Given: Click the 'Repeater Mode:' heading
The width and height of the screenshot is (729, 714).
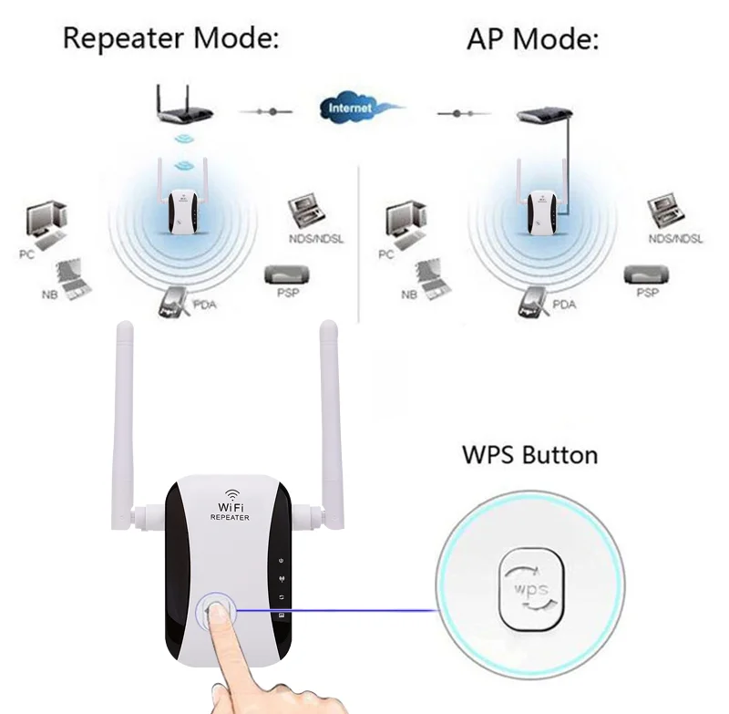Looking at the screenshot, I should pos(170,39).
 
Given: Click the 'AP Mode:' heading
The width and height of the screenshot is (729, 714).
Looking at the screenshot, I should pos(533,39).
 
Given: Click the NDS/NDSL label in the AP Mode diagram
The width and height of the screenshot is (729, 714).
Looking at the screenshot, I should pos(675,239).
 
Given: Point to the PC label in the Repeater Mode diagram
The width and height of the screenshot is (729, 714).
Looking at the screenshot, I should pos(27,254).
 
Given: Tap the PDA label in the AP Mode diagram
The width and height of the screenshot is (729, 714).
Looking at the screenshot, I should pos(565,304).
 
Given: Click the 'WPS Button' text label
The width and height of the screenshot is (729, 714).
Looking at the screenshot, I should pos(529,454).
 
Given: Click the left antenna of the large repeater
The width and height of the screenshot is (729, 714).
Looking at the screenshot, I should pos(125,410).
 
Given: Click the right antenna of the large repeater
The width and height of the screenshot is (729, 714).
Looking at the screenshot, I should pos(330,410).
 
